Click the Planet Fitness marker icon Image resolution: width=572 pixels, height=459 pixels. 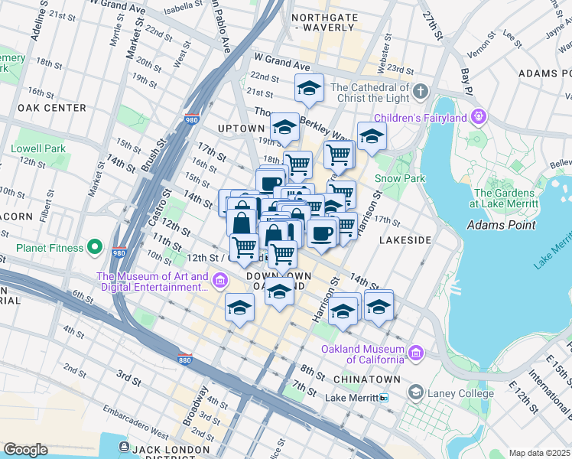click(95, 246)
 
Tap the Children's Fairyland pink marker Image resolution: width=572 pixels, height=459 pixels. click(479, 117)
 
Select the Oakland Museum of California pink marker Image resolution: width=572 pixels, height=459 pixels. click(415, 353)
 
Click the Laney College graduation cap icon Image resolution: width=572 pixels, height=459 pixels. click(415, 393)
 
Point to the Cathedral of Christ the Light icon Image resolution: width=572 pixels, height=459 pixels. click(420, 93)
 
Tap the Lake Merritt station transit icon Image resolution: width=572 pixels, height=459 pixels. click(384, 398)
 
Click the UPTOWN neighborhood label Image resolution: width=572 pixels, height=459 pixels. click(241, 128)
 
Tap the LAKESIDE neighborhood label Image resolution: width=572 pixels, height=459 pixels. click(405, 239)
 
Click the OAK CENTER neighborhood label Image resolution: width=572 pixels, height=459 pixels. click(51, 108)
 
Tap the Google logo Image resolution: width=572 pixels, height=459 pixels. click(25, 449)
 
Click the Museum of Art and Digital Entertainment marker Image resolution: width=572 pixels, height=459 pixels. click(221, 281)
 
